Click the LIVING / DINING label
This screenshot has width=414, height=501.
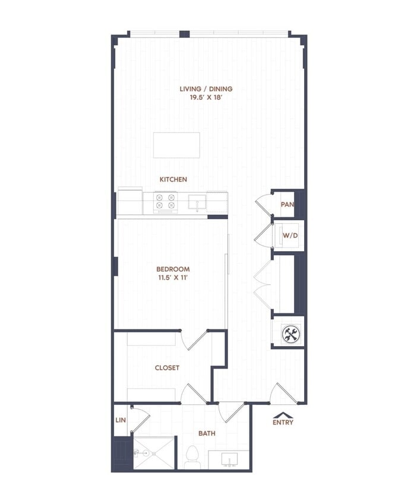tap(206, 89)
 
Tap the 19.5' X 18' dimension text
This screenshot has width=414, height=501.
tap(206, 98)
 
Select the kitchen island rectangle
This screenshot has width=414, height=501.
tap(176, 145)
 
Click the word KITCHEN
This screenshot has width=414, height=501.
tap(173, 179)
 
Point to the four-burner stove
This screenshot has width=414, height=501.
tap(166, 202)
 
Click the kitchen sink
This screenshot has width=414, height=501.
tap(197, 202)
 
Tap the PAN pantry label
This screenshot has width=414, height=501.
tap(287, 205)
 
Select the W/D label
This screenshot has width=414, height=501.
tap(289, 236)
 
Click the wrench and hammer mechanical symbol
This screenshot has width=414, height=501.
tap(290, 334)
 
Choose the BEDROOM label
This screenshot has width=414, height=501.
tap(173, 269)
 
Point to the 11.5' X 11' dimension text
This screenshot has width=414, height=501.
tap(173, 278)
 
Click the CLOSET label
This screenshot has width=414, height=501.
tap(167, 368)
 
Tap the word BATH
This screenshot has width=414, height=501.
tap(207, 433)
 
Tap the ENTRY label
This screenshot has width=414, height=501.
tap(283, 423)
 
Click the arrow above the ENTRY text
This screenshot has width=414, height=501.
tap(283, 415)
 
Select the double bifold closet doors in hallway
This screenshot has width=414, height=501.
tap(261, 284)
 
